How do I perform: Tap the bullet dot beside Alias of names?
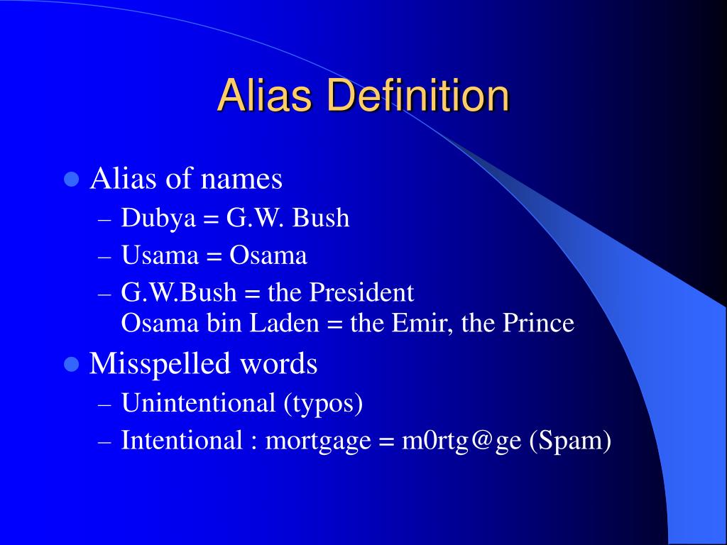70,179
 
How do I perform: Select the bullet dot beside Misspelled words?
70,364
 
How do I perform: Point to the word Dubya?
158,218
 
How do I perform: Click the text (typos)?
324,404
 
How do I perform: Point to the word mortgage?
318,441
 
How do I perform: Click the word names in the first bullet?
241,179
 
